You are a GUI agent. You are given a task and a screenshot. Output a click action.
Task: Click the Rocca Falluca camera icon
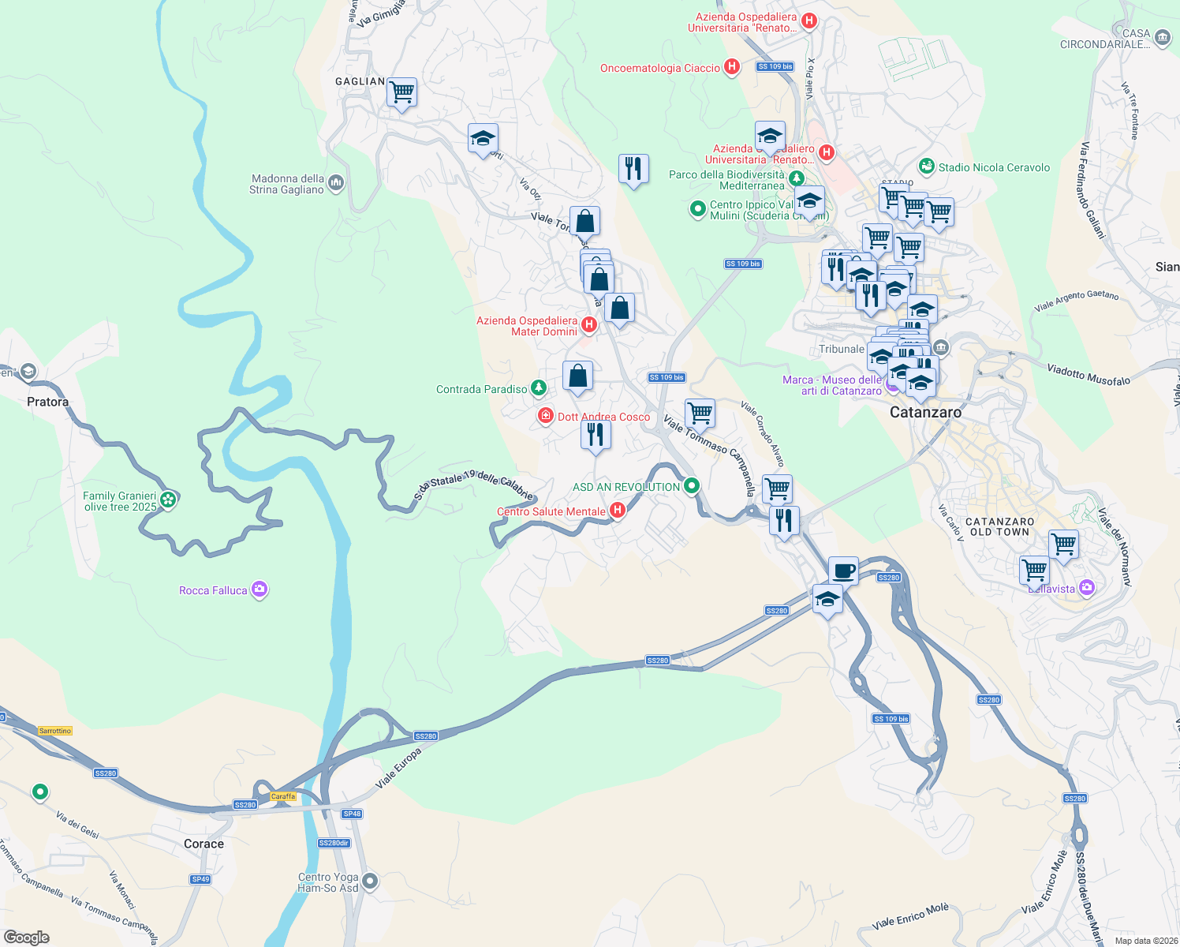pos(260,590)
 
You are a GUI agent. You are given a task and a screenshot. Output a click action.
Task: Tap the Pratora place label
pos(48,402)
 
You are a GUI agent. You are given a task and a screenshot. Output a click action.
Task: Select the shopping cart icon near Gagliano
pos(401,93)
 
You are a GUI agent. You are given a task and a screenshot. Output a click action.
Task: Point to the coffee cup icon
pos(843,570)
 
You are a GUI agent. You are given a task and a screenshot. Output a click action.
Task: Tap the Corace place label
pos(204,844)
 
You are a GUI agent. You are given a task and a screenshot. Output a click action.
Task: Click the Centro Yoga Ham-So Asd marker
pos(371,881)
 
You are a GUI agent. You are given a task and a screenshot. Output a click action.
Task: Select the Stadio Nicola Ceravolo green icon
pos(927,167)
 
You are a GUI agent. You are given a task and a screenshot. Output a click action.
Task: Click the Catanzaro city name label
pos(925,412)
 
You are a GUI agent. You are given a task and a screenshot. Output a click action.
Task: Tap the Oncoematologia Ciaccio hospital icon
pos(732,67)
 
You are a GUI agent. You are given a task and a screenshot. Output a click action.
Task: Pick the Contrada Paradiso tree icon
pos(539,387)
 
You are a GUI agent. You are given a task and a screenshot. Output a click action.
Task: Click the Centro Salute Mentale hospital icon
pos(618,511)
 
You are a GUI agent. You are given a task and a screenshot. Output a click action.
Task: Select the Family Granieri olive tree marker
pos(167,499)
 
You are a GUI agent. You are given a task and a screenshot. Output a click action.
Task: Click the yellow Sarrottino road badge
pos(55,731)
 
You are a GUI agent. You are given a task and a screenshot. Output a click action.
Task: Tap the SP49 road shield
pos(200,879)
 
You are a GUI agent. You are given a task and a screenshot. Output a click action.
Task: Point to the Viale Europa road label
pos(398,769)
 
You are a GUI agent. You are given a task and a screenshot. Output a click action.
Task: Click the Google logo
pos(27,937)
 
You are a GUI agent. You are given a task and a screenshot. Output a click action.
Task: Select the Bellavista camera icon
pos(1087,587)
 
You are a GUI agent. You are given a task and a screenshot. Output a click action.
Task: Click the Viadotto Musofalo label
pos(1089,374)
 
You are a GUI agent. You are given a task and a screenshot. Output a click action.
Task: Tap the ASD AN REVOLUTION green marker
pos(692,485)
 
